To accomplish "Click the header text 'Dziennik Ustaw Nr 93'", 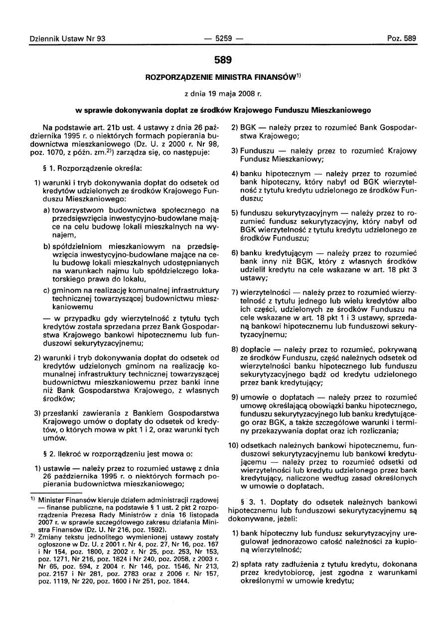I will [x=64, y=38].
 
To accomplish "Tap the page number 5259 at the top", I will [x=222, y=38].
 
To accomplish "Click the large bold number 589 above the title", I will [x=222, y=60].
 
